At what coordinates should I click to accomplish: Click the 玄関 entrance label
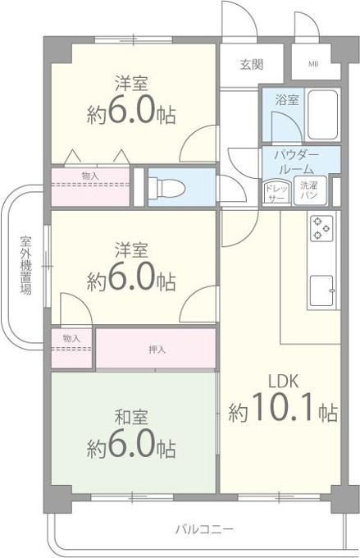[252, 64]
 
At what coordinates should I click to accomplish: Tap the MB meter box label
[313, 64]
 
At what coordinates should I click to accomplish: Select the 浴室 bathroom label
[287, 99]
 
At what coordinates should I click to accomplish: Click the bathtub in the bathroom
[322, 115]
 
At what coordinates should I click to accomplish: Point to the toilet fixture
[166, 187]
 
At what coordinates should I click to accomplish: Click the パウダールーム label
[296, 162]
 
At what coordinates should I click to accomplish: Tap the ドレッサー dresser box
[276, 192]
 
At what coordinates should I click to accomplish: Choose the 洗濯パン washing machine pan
[310, 190]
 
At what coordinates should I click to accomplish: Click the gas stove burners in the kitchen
[321, 228]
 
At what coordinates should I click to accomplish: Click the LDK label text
[283, 381]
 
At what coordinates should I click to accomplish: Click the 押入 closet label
[157, 350]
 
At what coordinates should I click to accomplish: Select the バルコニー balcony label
[205, 529]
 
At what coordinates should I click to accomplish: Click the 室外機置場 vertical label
[25, 265]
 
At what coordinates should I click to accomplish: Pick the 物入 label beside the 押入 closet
[71, 338]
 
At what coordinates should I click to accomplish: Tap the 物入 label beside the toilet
[90, 175]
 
